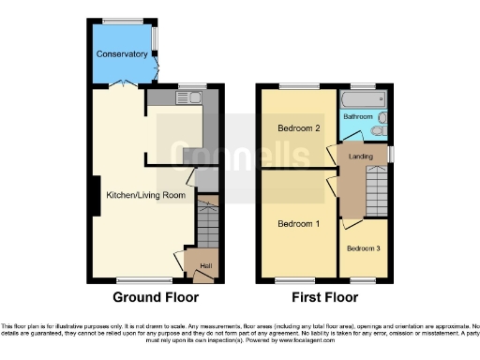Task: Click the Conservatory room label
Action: pyautogui.click(x=122, y=54)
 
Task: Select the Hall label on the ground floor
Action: pyautogui.click(x=205, y=265)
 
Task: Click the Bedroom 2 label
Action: pyautogui.click(x=298, y=127)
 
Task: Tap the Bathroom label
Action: pyautogui.click(x=357, y=116)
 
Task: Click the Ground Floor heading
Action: pyautogui.click(x=156, y=298)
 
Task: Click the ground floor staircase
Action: pyautogui.click(x=207, y=225)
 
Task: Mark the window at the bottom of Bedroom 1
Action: pyautogui.click(x=298, y=280)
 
